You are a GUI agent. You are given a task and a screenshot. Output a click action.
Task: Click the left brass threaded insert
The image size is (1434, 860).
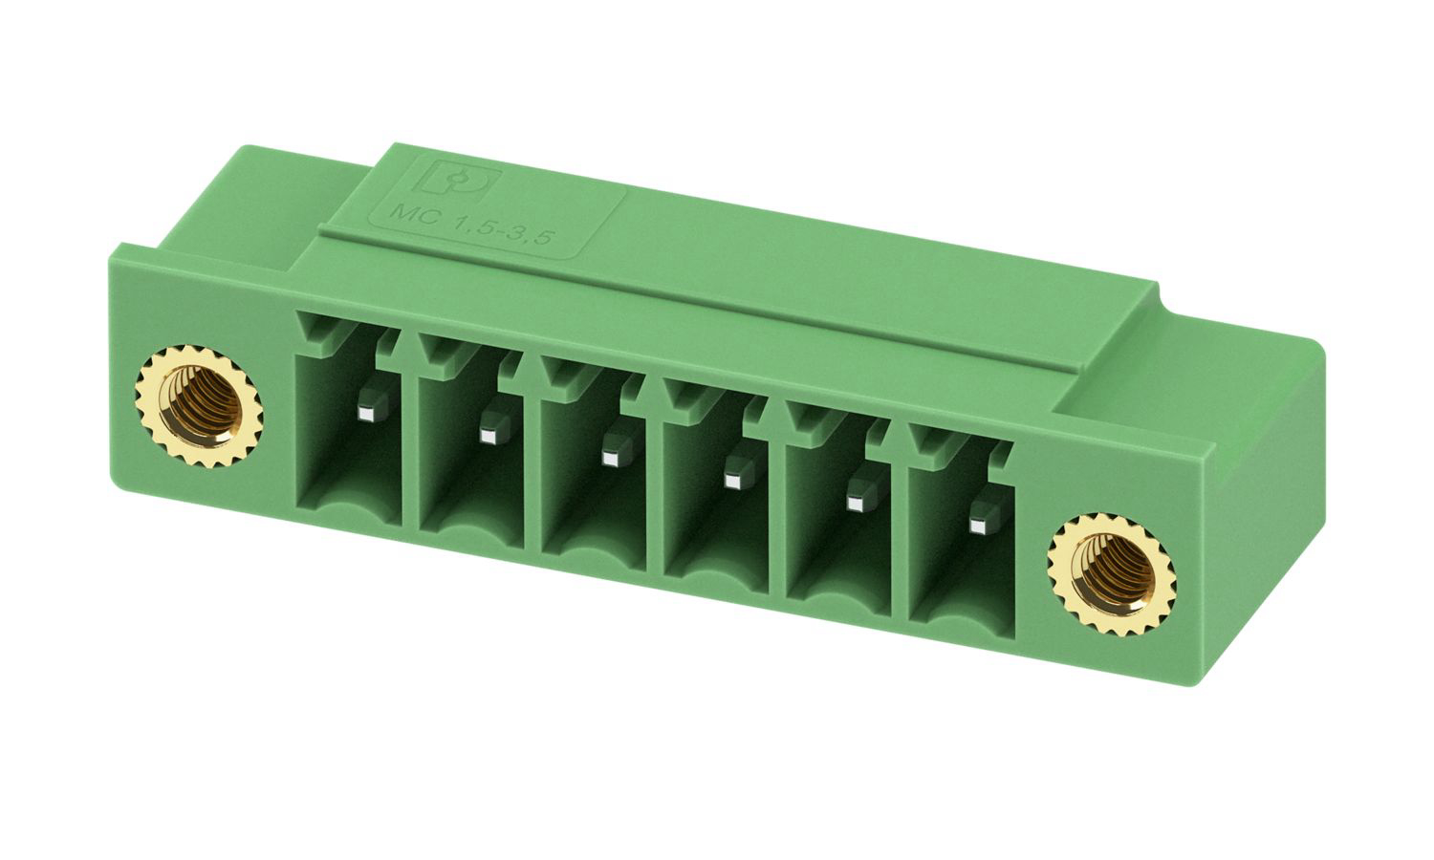coord(199,406)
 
